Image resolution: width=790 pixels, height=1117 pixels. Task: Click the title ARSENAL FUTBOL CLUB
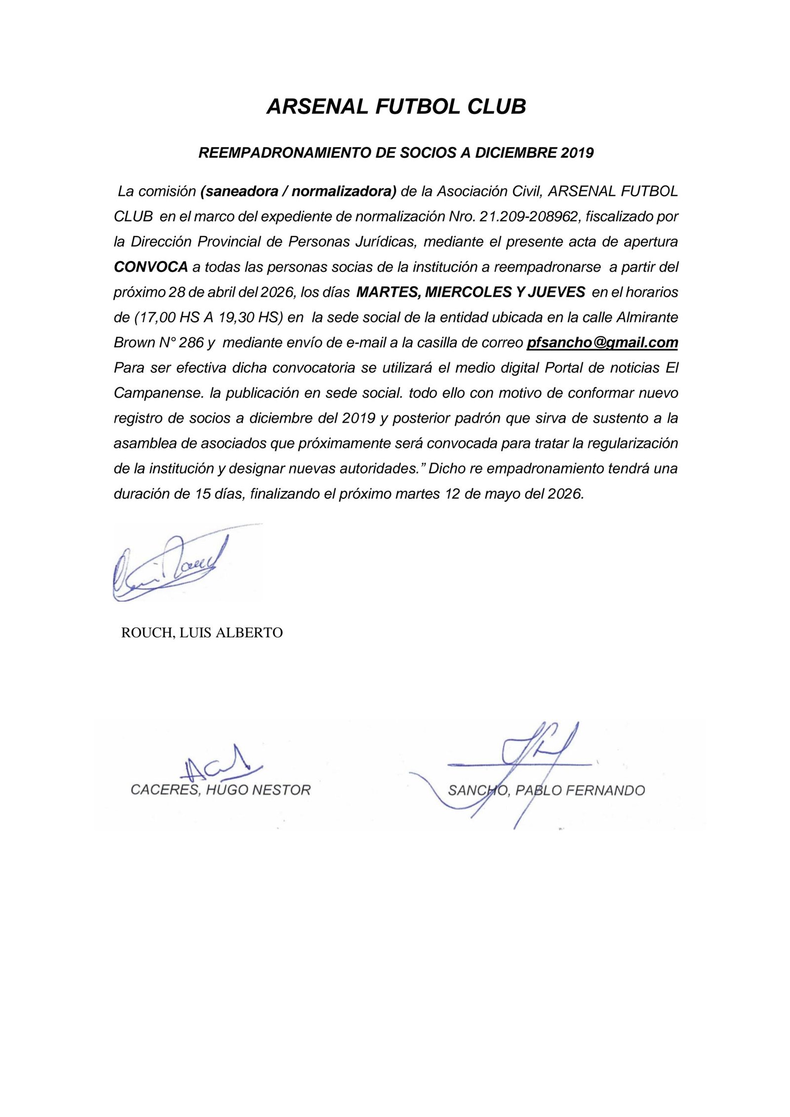(396, 107)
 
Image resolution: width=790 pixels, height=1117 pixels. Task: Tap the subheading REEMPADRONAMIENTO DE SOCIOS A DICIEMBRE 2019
(395, 153)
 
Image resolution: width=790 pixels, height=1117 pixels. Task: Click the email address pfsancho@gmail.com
(602, 343)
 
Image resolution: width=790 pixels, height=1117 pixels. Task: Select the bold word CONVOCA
(151, 267)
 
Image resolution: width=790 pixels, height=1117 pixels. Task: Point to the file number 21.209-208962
(524, 217)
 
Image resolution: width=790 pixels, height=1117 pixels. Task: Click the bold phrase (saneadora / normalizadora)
(299, 192)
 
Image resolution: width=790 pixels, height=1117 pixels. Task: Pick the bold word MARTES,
(389, 292)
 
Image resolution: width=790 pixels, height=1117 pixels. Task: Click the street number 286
(191, 343)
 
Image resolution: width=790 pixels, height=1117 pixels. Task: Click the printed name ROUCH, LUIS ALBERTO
(202, 633)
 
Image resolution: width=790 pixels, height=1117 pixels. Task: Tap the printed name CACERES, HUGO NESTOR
(220, 790)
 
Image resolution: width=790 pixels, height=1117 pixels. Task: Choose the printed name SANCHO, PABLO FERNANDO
(546, 791)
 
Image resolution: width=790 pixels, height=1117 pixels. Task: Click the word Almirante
(647, 318)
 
